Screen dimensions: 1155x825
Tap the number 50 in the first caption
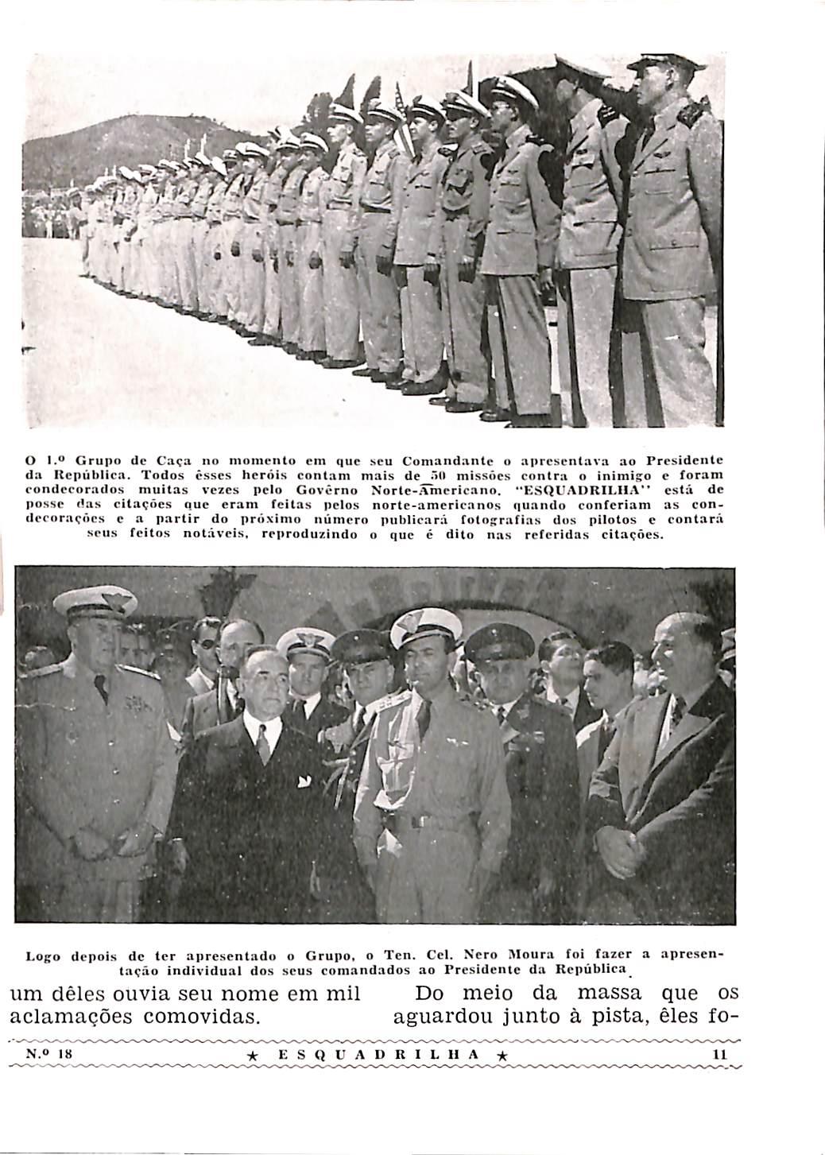[x=413, y=475]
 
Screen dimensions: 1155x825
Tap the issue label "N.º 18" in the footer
[x=50, y=1053]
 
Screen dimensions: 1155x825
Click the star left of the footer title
[x=252, y=1055]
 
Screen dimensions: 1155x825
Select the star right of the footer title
[x=502, y=1055]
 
